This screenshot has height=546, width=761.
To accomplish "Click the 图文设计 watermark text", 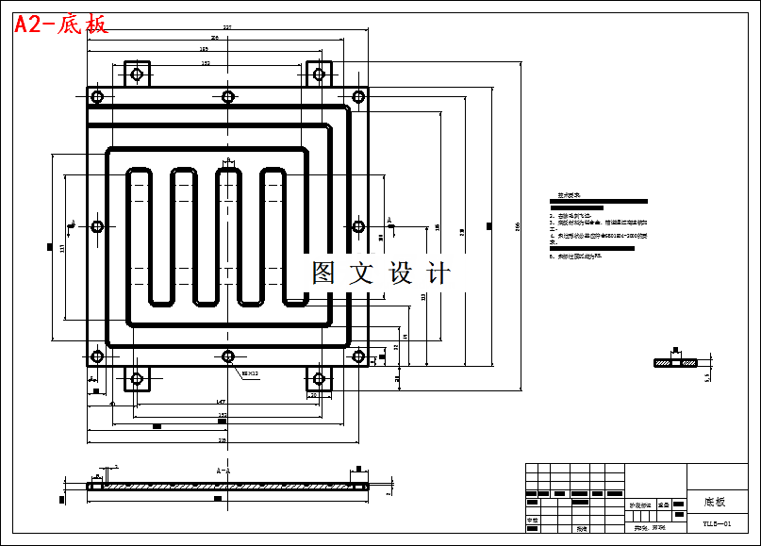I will tap(381, 273).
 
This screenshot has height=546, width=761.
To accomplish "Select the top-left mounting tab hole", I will tap(137, 74).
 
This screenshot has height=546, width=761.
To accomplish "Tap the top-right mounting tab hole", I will tap(318, 74).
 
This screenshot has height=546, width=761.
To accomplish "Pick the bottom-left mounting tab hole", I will tap(137, 379).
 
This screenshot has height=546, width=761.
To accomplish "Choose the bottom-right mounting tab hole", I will tap(318, 379).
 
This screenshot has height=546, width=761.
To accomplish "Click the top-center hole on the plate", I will tap(227, 96).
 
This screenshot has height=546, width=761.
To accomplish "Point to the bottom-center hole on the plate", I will tap(227, 356).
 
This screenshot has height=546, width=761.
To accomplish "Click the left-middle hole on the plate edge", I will tap(97, 226).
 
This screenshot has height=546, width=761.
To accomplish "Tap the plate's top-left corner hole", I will tap(97, 96).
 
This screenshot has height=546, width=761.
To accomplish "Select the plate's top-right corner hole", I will tap(357, 96).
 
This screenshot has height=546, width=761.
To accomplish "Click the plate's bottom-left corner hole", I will tap(97, 356).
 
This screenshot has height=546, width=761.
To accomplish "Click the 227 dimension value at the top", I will tap(227, 27).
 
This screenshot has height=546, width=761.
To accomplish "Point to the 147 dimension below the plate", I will tap(220, 402).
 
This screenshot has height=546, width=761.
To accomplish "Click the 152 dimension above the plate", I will tap(206, 63).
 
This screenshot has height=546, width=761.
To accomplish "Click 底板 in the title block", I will tap(715, 502).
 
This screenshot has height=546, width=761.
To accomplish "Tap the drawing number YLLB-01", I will tap(717, 522).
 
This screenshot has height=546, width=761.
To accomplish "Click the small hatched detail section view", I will tap(675, 362).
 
